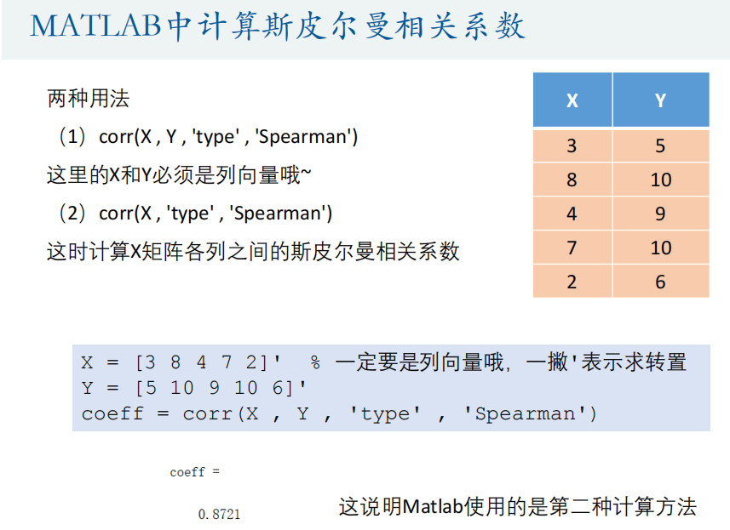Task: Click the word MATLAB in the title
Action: tap(95, 26)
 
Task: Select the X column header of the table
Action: tap(572, 100)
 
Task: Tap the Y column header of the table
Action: tap(661, 100)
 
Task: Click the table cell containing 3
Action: tap(572, 146)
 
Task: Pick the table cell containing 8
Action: tap(572, 180)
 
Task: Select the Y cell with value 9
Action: tap(661, 214)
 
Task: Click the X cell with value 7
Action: tap(572, 248)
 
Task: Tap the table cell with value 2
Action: tap(572, 282)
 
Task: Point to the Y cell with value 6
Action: tap(661, 282)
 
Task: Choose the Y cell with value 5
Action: tap(661, 146)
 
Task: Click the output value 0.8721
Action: tap(219, 514)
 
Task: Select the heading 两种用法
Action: tap(88, 99)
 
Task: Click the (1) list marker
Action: tap(72, 137)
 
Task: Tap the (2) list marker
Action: tap(72, 214)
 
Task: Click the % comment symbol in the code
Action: tap(315, 362)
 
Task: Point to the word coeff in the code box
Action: tap(112, 413)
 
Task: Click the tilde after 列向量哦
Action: tap(306, 174)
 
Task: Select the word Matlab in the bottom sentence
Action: tap(433, 506)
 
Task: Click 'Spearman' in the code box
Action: tap(525, 413)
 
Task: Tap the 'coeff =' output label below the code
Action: tap(194, 472)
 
